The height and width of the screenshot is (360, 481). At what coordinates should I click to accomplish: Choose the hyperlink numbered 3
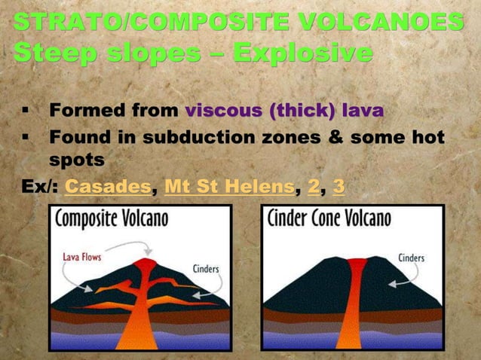click(x=339, y=185)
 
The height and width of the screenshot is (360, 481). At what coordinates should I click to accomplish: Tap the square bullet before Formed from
click(x=25, y=112)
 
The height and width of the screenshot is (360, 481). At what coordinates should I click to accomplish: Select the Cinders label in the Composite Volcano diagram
click(x=206, y=267)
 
